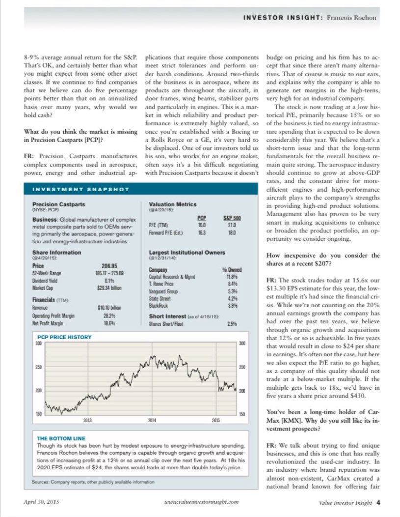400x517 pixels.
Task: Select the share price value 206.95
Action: pos(108,265)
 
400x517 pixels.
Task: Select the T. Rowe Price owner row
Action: pos(162,284)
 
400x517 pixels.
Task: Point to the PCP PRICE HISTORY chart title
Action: pos(63,338)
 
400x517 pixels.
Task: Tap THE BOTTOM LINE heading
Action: pos(61,438)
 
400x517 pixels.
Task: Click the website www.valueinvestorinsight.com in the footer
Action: pos(202,502)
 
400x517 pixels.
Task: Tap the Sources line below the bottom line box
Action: pos(93,482)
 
